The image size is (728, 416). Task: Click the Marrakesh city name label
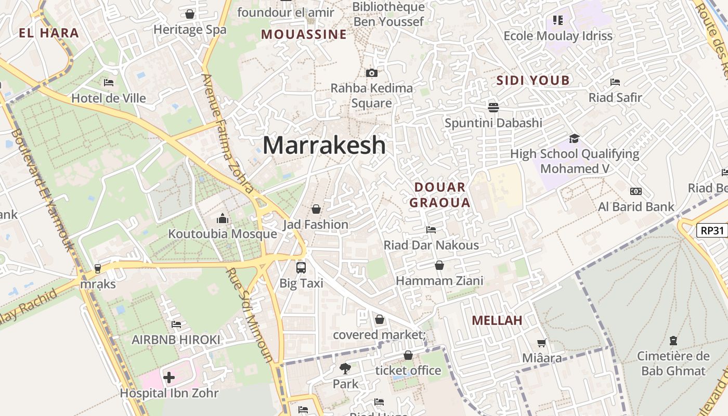324,145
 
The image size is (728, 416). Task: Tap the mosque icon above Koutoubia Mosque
223,218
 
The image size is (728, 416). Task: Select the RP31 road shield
711,230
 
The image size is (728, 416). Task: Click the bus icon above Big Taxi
301,267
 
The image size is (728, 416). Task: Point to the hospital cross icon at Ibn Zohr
169,377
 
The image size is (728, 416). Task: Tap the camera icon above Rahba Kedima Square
371,73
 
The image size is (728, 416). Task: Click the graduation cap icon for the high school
574,138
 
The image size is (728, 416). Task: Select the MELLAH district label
497,320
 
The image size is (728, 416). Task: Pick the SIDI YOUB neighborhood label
533,81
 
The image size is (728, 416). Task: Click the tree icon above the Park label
345,369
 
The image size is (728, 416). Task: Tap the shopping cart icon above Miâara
542,343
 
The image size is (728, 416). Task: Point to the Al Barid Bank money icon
635,191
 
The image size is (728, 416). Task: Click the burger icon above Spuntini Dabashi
493,107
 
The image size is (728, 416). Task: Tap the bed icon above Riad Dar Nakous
431,229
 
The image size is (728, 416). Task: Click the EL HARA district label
49,33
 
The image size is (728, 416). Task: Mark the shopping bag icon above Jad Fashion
316,209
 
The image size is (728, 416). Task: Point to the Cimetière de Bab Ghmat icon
673,341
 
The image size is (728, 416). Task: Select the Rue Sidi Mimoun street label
250,315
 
